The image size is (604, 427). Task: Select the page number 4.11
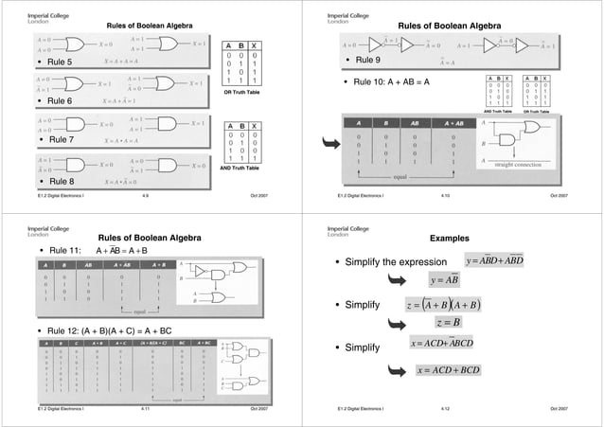pos(145,407)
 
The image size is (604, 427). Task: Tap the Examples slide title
pos(449,239)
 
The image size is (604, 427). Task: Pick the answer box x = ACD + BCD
pos(453,368)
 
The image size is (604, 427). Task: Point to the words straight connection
pos(537,165)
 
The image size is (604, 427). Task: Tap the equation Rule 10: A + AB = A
pos(390,82)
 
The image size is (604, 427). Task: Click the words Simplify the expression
pos(395,262)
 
